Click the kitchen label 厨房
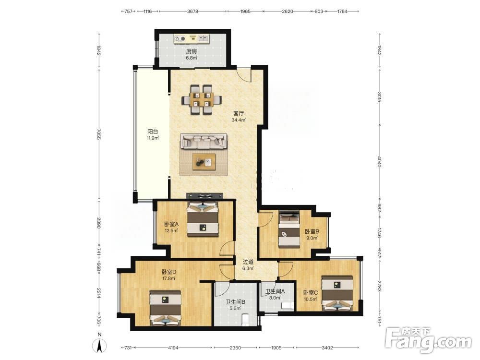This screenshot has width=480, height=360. (x=192, y=51)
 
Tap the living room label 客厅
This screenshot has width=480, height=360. (x=239, y=114)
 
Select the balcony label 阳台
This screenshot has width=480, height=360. (x=153, y=132)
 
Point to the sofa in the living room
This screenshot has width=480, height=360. (x=204, y=142)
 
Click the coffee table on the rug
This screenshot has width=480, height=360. (x=204, y=161)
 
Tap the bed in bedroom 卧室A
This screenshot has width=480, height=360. (x=203, y=219)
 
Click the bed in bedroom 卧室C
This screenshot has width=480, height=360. (x=337, y=293)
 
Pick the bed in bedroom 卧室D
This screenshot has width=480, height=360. (x=165, y=308)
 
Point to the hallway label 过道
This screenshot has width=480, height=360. (x=248, y=262)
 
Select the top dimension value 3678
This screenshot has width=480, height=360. (x=192, y=12)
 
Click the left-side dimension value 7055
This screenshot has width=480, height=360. (x=98, y=134)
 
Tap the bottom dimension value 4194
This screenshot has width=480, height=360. (x=173, y=348)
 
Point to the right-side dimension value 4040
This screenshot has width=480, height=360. (x=380, y=162)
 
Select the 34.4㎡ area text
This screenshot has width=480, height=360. (x=239, y=120)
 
